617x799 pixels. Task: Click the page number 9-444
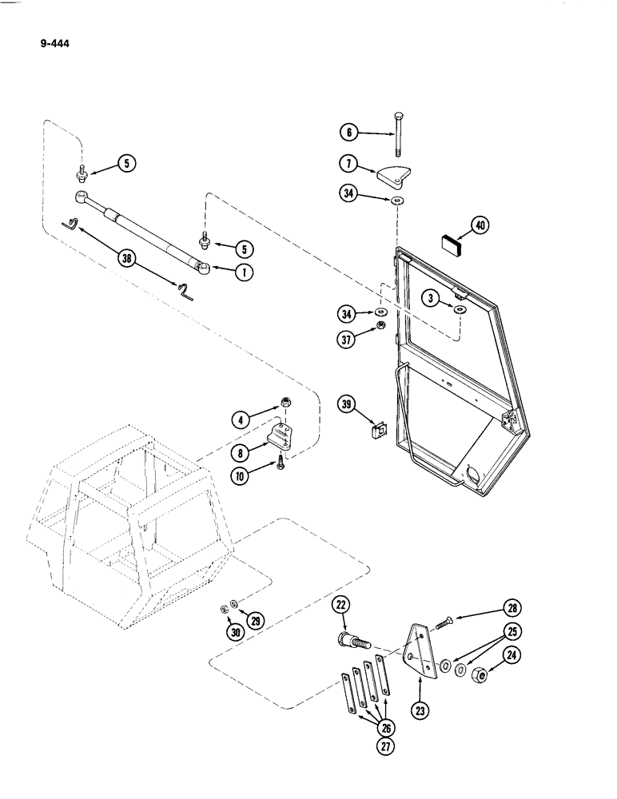tap(54, 44)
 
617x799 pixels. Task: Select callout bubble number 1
tap(243, 272)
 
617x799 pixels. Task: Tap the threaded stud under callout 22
tap(352, 642)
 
